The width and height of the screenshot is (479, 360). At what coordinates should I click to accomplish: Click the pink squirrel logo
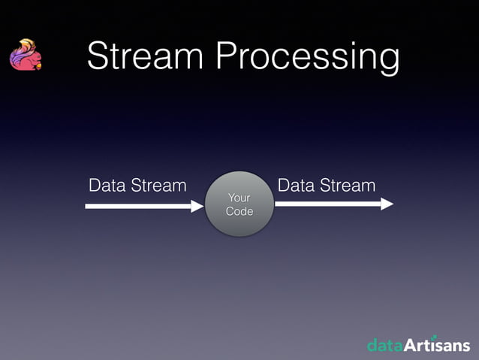(x=25, y=56)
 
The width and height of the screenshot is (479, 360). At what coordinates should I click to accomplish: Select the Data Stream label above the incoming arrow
(x=137, y=185)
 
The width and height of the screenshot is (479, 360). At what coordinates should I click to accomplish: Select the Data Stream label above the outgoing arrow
(x=327, y=185)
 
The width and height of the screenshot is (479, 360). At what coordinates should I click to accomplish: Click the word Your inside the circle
(x=239, y=197)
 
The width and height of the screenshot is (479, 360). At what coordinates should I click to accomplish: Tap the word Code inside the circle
(x=239, y=211)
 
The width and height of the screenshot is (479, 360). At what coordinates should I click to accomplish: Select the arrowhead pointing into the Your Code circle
(x=197, y=205)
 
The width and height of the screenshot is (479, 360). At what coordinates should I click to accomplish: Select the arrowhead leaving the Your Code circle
(x=387, y=204)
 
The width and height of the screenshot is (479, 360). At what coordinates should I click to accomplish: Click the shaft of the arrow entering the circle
(x=135, y=205)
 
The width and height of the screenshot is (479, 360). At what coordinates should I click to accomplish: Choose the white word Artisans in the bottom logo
(x=438, y=346)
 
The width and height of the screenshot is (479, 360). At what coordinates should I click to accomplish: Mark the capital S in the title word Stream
(x=99, y=57)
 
